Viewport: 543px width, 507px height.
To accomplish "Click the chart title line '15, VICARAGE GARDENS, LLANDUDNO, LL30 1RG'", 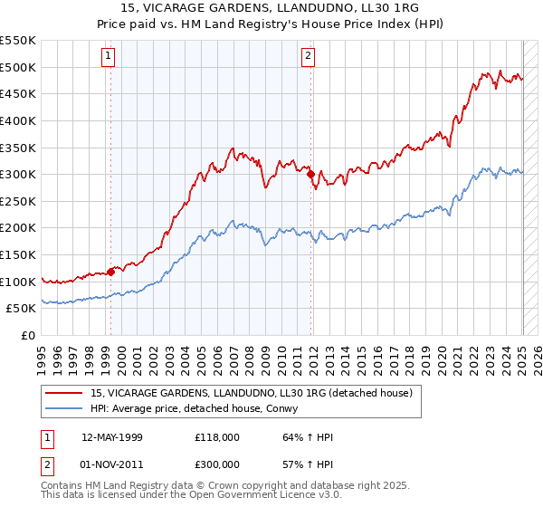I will (x=271, y=10).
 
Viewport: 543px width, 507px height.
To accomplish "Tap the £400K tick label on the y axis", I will (x=18, y=120).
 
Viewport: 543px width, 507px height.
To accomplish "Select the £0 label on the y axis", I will (x=28, y=335).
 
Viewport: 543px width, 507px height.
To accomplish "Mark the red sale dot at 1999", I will (x=110, y=271).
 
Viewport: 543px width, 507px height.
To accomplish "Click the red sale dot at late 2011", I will (x=310, y=174).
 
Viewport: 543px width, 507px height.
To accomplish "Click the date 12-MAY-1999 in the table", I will (x=112, y=437).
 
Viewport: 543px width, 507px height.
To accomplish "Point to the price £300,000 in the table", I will (x=218, y=463).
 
